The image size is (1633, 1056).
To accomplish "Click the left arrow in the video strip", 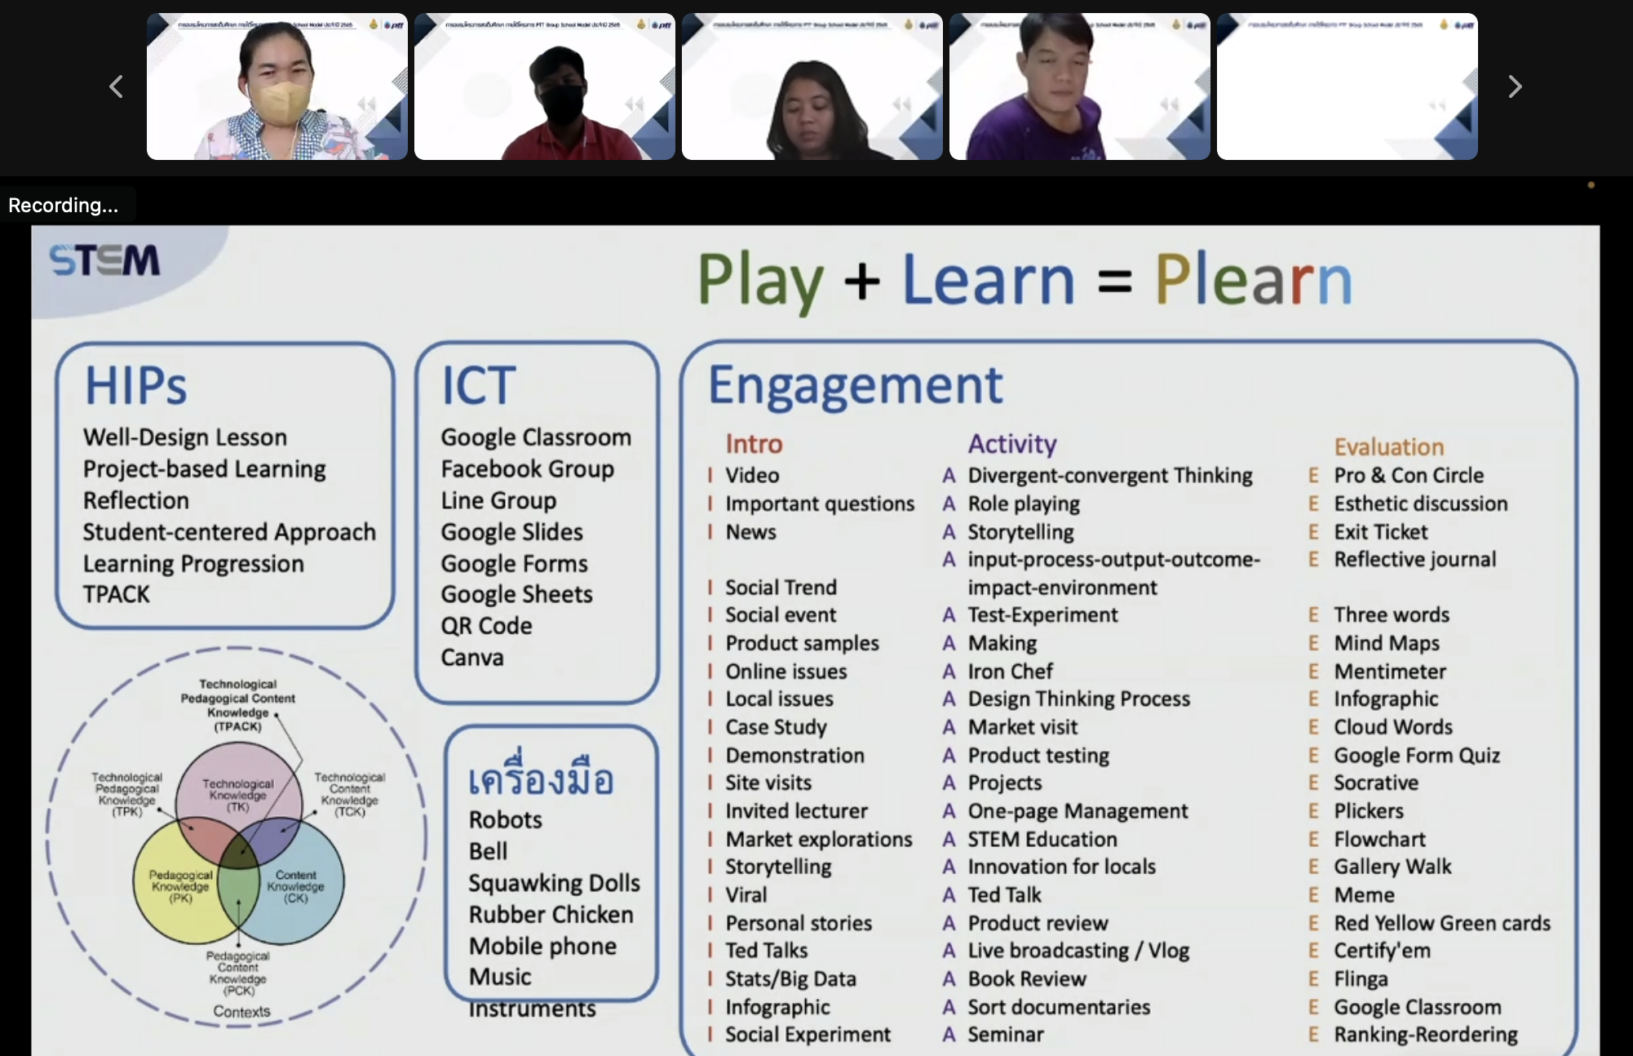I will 116,87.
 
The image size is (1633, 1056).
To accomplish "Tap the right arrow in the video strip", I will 1515,87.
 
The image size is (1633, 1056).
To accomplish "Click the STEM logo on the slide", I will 104,261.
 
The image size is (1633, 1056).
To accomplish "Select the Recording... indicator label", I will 64,206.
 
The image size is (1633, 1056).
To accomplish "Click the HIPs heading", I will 136,385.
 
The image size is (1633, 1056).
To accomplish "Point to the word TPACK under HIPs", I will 117,594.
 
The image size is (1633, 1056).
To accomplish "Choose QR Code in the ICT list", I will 487,626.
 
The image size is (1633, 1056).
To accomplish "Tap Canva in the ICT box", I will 472,658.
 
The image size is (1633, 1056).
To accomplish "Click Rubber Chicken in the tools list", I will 551,915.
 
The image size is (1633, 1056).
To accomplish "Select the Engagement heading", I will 855,385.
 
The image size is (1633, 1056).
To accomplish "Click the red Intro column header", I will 754,444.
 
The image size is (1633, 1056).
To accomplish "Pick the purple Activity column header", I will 1012,444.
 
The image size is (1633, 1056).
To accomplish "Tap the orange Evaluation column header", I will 1389,447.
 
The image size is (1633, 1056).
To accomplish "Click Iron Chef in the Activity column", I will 1010,672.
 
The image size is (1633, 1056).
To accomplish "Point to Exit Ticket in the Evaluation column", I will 1381,532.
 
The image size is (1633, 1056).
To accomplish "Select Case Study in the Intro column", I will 776,727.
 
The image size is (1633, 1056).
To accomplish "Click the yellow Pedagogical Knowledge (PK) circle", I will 175,898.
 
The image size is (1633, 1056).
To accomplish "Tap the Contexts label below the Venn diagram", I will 241,1012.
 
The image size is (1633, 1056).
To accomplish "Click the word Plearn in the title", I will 1253,280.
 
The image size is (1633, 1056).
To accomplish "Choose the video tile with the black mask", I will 545,87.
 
